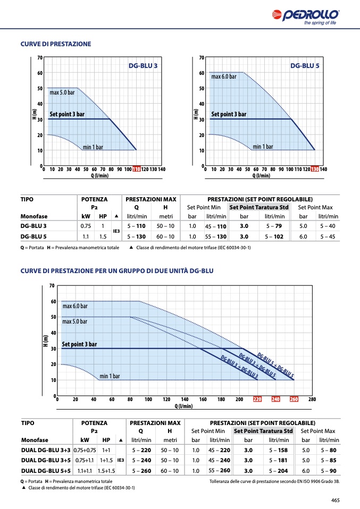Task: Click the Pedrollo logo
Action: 305,17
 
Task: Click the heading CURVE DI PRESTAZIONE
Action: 56,44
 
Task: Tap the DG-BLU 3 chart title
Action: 143,65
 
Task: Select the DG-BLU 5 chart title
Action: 305,65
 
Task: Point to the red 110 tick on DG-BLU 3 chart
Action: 137,169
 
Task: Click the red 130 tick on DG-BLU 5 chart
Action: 315,169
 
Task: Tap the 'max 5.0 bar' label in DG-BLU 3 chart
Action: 62,92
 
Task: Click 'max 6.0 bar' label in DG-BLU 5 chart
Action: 224,77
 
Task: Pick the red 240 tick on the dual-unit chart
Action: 275,399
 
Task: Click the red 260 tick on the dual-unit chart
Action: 294,399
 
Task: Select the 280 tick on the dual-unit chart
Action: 312,399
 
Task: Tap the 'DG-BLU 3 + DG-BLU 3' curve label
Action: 239,367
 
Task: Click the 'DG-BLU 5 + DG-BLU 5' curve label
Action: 275,365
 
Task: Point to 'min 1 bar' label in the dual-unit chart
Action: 110,376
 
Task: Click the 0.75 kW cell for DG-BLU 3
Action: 86,226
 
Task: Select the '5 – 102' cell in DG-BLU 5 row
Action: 274,236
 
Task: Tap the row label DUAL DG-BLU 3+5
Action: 46,460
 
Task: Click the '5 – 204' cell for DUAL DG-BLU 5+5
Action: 278,471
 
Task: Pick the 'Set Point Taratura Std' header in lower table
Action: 263,431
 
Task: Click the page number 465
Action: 336,500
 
